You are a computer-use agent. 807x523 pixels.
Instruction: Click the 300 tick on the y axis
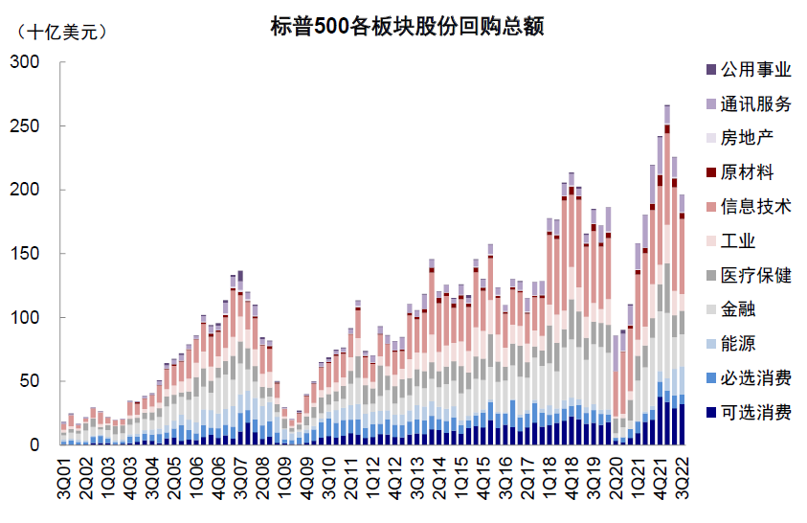pyautogui.click(x=25, y=62)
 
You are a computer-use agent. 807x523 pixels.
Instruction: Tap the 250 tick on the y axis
pyautogui.click(x=25, y=126)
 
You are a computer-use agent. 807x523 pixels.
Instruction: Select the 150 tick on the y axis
pyautogui.click(x=25, y=254)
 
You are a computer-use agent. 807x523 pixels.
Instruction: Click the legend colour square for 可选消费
pyautogui.click(x=709, y=413)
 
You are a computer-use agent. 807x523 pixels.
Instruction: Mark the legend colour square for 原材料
pyautogui.click(x=709, y=172)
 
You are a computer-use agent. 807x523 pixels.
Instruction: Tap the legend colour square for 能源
pyautogui.click(x=709, y=344)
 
